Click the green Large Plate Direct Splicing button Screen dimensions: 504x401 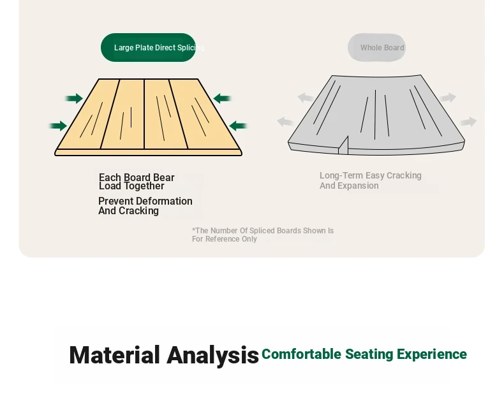point(148,48)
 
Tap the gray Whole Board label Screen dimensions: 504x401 point(376,48)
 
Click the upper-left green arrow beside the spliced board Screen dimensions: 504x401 point(74,98)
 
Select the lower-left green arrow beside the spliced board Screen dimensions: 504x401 point(58,126)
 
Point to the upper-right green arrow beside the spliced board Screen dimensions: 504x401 point(222,98)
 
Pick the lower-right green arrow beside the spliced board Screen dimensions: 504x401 point(238,126)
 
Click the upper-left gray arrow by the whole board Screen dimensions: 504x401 point(306,98)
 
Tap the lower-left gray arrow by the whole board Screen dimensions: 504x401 point(285,122)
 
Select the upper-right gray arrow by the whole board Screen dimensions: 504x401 point(448,98)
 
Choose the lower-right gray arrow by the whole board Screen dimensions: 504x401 point(468,122)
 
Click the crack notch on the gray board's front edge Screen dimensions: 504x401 point(343,145)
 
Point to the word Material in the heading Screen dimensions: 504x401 point(114,355)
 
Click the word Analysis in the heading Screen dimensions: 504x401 point(213,355)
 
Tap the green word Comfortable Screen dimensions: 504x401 point(302,354)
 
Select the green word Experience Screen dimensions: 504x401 point(432,354)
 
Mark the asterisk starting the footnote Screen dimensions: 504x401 point(193,230)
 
